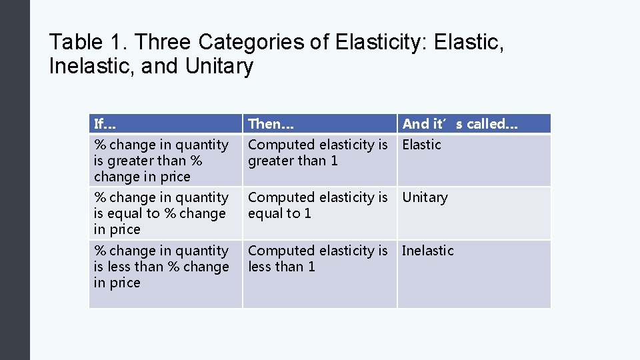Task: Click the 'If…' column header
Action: (105, 124)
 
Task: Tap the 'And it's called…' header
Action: (460, 124)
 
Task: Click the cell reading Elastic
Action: (422, 145)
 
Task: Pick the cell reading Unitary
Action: (425, 197)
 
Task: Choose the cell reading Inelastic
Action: (428, 251)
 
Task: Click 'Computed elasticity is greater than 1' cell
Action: (317, 153)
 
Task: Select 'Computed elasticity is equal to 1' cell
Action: (317, 205)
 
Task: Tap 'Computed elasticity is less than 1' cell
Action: (317, 259)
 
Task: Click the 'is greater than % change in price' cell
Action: (161, 161)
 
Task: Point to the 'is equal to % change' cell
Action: (161, 213)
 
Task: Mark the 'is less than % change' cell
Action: (161, 267)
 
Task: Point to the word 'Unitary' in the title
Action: (220, 67)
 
